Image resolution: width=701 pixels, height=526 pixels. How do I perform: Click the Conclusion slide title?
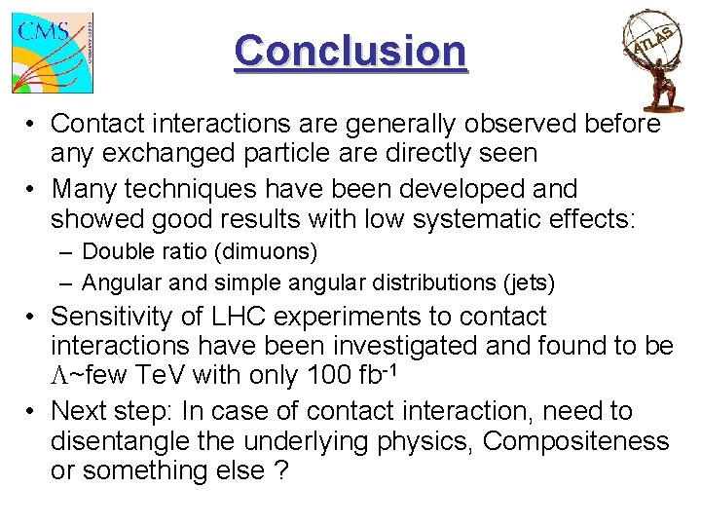[350, 51]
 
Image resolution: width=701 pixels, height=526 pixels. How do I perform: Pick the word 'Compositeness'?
[575, 441]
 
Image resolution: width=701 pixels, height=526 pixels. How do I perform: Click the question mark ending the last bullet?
[282, 471]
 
